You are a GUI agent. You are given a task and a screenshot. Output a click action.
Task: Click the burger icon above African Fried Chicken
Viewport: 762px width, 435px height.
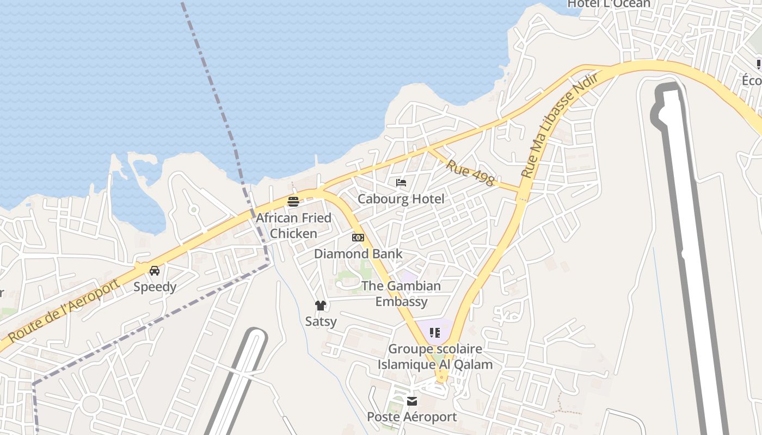[x=293, y=202]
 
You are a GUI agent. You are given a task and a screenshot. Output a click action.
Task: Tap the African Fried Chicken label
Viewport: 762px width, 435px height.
[x=294, y=226]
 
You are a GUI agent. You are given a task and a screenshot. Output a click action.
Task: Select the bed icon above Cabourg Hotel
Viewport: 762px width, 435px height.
[x=401, y=183]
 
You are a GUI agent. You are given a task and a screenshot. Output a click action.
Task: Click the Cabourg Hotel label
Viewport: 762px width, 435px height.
[x=401, y=199]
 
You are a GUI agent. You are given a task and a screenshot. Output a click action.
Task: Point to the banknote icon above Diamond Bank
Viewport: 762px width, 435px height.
[x=358, y=238]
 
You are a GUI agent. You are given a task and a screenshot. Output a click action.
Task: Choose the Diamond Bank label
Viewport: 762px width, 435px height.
[x=358, y=254]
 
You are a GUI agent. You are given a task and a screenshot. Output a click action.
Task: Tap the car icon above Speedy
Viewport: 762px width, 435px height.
[x=155, y=271]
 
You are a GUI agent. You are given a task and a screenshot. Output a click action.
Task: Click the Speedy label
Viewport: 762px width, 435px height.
[x=155, y=287]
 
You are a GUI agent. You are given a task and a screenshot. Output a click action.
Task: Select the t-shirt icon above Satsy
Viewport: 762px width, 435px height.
[x=321, y=306]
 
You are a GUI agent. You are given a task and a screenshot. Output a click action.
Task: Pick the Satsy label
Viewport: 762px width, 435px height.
[x=321, y=321]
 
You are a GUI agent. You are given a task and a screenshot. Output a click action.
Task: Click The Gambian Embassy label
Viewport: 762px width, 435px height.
[x=401, y=294]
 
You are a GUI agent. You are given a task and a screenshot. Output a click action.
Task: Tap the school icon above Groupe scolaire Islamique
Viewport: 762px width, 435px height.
[x=434, y=332]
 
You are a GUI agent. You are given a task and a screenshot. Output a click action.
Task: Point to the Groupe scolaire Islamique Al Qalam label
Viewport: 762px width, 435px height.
[x=435, y=357]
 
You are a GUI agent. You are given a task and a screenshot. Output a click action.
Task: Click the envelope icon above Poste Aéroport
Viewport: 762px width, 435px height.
[x=412, y=401]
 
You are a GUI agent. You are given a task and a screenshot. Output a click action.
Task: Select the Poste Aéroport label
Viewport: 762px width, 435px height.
[x=412, y=417]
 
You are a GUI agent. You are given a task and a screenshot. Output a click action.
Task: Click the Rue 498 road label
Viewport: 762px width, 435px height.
[x=471, y=172]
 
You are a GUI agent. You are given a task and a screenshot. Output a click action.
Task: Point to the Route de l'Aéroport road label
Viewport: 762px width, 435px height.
[x=64, y=311]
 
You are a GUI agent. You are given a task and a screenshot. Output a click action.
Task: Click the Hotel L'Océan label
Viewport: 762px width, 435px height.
[x=609, y=4]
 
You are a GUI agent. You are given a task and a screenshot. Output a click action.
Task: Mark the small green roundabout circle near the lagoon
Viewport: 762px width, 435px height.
[x=193, y=209]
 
